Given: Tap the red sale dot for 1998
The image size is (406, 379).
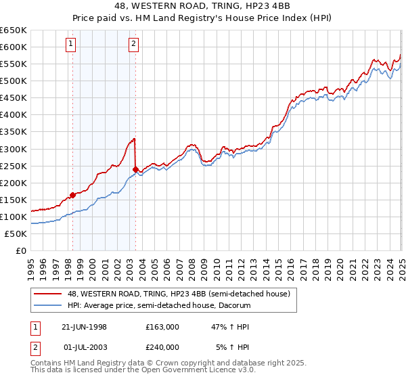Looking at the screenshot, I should (72, 195).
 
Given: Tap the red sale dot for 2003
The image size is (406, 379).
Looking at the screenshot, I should (136, 169).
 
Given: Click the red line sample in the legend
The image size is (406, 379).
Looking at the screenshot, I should (48, 294).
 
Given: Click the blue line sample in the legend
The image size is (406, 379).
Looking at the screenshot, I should (48, 305).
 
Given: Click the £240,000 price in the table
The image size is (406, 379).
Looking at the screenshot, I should (162, 346).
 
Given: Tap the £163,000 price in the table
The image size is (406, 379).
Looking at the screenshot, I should (162, 326).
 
